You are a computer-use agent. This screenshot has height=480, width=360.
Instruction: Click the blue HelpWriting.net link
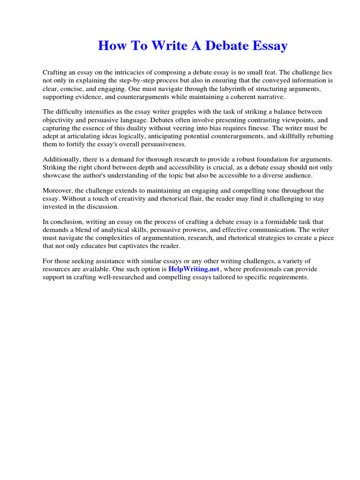194,270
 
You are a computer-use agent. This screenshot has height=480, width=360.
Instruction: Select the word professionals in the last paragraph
265,270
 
